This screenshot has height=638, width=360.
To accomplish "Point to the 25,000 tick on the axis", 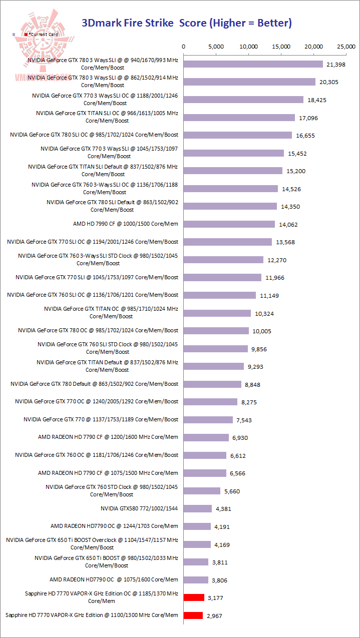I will click(x=346, y=47).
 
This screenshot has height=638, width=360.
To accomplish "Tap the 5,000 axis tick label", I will click(x=216, y=47).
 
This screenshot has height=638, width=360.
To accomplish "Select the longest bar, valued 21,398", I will click(x=253, y=64).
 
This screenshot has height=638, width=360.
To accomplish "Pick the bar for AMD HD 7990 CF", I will click(x=229, y=224).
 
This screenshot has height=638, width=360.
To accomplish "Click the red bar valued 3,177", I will click(x=194, y=597).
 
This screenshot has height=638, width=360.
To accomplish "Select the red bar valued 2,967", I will click(x=193, y=615).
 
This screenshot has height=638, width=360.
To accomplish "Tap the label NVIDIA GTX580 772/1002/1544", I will click(x=139, y=508).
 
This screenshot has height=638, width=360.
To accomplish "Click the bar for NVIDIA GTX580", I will click(x=198, y=508).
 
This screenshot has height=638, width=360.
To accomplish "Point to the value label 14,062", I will click(x=289, y=225).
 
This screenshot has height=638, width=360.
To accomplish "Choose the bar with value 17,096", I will click(x=239, y=118).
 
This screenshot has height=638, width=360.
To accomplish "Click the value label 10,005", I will click(x=263, y=331).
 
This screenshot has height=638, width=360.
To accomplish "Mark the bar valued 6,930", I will click(x=206, y=437).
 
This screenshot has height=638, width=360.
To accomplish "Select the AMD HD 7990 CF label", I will click(x=125, y=224).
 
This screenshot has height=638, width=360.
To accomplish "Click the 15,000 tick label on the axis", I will click(x=281, y=47).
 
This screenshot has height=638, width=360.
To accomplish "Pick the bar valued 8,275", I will click(x=211, y=402).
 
